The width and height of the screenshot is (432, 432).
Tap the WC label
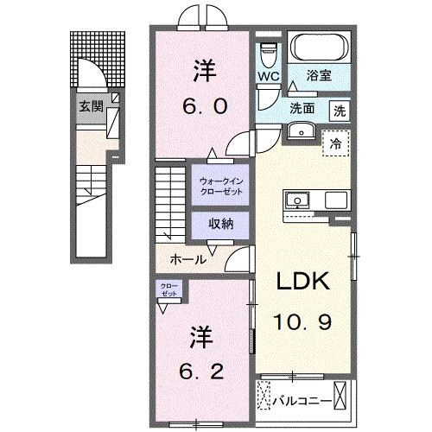point(268,77)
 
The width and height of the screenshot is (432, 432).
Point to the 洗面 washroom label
point(302,110)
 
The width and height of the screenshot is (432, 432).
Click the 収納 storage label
point(221,223)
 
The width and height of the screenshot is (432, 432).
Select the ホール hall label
point(189,259)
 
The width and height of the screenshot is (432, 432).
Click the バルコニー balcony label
point(299,400)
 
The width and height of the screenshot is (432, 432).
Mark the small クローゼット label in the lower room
point(168,289)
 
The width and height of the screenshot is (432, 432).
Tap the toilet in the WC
point(268,51)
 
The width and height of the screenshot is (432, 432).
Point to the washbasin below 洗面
point(301,130)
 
